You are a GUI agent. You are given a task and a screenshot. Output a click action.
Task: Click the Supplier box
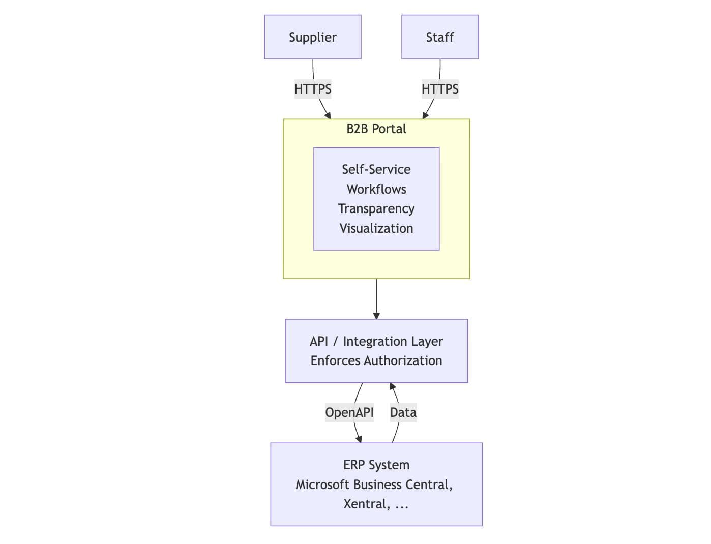pos(312,37)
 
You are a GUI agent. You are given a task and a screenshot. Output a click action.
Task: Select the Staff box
pos(439,37)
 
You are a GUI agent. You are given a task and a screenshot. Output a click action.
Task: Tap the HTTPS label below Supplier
pos(312,89)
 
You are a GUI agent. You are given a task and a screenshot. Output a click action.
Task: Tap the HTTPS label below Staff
pos(439,89)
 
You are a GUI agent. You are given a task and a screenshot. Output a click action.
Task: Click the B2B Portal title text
pos(376,129)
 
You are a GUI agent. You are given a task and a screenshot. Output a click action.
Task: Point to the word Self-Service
pos(376,169)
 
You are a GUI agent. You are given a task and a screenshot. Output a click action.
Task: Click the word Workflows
pos(376,189)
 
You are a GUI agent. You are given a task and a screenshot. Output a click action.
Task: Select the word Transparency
pos(376,208)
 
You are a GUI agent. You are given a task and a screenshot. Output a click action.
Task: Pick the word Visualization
pos(376,228)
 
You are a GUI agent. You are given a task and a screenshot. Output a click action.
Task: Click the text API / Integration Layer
pos(376,341)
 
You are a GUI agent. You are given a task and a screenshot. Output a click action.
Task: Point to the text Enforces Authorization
pos(376,360)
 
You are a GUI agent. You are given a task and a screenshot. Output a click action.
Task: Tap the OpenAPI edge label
pos(349,412)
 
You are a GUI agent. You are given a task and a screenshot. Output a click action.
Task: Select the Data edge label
pos(403,412)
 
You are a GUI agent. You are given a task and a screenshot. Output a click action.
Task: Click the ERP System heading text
pos(376,465)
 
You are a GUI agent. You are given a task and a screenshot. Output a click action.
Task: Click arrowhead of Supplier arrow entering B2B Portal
pos(328,116)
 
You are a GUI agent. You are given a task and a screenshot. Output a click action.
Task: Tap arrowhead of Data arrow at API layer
pos(392,386)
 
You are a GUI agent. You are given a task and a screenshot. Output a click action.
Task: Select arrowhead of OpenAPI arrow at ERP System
pos(359,439)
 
